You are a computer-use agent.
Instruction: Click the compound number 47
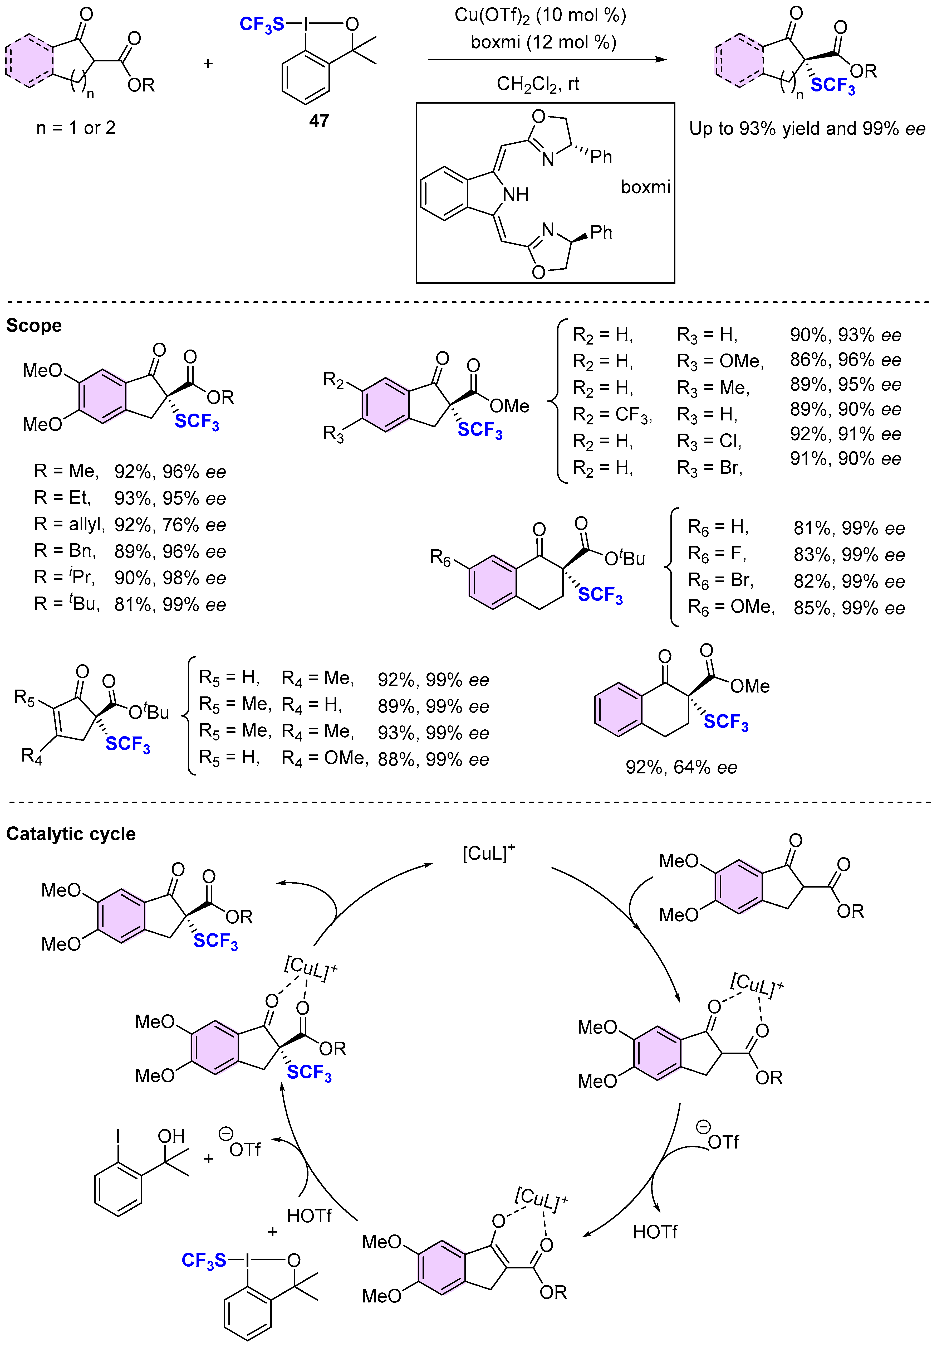(319, 121)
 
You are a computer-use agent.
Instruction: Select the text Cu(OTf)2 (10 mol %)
(540, 15)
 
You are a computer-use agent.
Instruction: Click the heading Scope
(34, 326)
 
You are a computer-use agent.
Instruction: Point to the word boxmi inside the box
(645, 187)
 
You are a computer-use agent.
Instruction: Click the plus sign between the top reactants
(208, 63)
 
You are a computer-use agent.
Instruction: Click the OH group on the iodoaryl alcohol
(171, 1136)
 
